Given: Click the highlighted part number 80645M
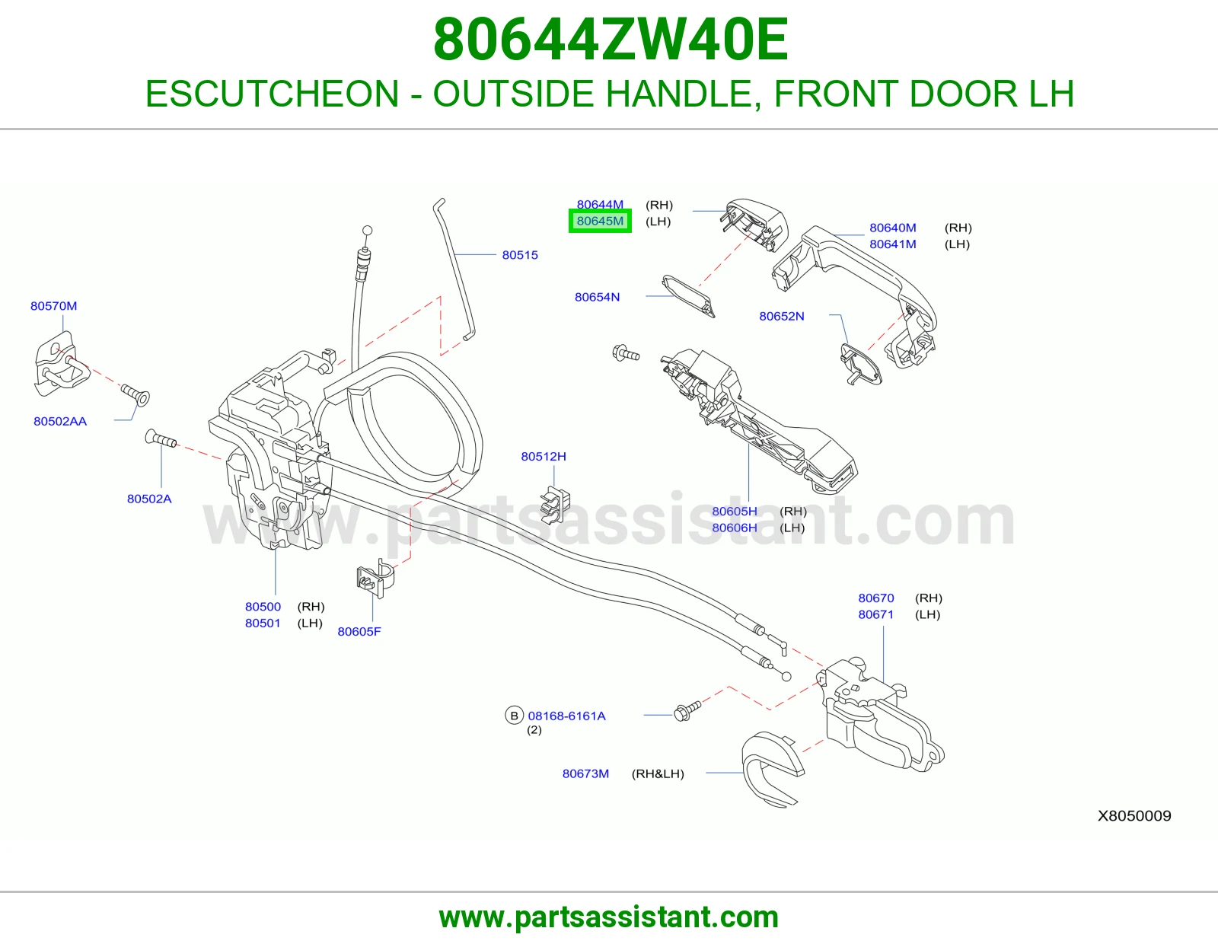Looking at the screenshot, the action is coord(600,221).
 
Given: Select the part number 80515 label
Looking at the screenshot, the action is coord(520,255).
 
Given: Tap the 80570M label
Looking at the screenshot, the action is coord(54,306).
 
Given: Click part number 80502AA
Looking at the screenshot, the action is coord(60,422).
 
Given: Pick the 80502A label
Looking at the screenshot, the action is coord(149,499).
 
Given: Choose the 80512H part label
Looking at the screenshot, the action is coord(543,456).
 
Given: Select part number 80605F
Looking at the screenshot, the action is coord(359,632).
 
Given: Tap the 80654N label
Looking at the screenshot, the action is coord(597,297).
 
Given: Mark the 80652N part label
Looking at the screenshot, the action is coord(781,316).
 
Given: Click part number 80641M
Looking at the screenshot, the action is coord(892,244).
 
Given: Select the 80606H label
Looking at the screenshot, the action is coord(735,528).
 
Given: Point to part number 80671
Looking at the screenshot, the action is coord(875,615).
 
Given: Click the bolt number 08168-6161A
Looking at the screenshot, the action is coord(566,716).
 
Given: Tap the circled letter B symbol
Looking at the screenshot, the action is coord(514,716).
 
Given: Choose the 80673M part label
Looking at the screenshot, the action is coord(585,773).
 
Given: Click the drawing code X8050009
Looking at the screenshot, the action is coord(1134,815).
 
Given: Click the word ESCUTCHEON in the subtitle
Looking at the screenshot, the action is coord(272,94).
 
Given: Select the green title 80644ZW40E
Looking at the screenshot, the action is coord(611,40).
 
